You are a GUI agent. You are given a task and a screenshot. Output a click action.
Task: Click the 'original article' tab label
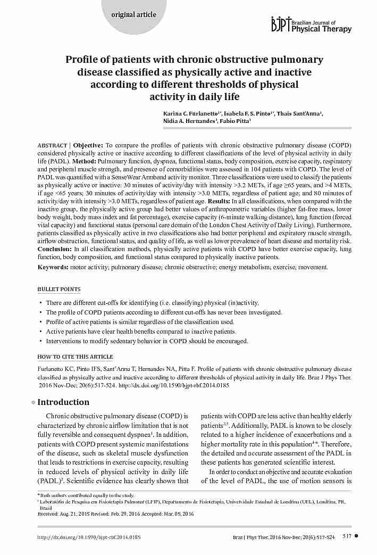pos(133,14)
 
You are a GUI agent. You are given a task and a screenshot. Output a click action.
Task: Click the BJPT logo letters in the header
pos(281,24)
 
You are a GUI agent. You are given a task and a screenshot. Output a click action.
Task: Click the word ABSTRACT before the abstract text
pos(52,145)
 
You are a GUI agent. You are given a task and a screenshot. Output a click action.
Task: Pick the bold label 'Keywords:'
pos(52,267)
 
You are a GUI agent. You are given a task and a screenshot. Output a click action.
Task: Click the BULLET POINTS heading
pos(59,289)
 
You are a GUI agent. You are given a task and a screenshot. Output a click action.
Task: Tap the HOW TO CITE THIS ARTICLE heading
pos(75,357)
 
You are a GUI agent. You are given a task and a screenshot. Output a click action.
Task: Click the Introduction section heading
pos(63,402)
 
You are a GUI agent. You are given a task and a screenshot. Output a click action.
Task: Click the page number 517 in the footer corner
pos(347,537)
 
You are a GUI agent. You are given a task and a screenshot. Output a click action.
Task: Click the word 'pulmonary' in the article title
pos(297,60)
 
